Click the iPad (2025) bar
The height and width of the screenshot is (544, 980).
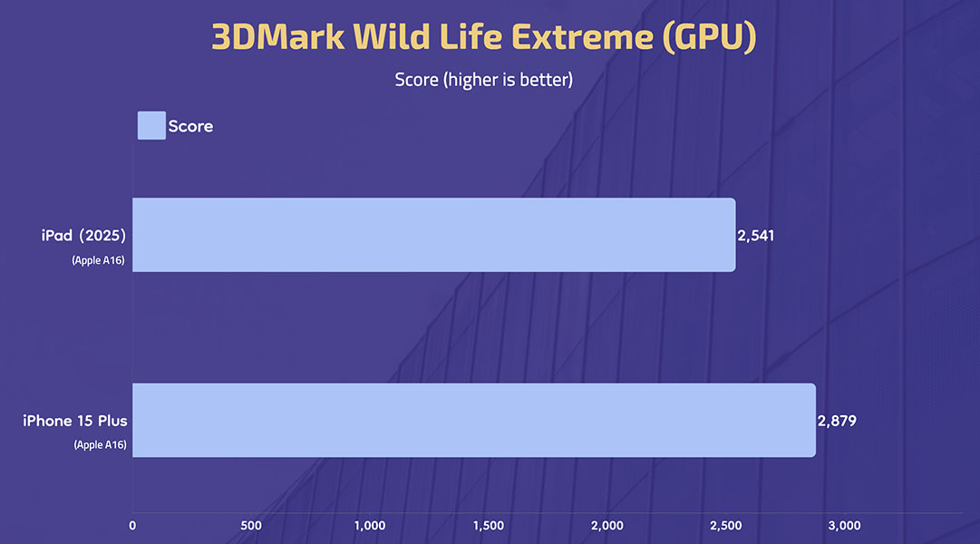click(433, 235)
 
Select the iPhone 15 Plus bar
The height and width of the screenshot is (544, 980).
click(474, 420)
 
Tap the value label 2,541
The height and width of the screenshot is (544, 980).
click(756, 236)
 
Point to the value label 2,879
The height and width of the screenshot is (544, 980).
click(837, 421)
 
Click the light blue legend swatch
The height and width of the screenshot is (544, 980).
click(151, 126)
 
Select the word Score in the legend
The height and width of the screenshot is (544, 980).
click(190, 126)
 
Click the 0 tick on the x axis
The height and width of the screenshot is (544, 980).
click(132, 526)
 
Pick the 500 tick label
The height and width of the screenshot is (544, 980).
click(251, 526)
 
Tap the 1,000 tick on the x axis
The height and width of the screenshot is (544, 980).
click(370, 526)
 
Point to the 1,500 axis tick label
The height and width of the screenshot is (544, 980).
click(489, 526)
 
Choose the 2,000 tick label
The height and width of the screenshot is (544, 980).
click(607, 526)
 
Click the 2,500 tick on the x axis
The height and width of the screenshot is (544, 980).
click(726, 526)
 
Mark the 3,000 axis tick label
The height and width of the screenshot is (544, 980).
click(844, 526)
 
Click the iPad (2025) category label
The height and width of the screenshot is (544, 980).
click(83, 236)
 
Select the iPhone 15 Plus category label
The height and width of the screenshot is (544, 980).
click(75, 421)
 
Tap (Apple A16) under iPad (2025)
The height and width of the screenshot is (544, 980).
click(98, 260)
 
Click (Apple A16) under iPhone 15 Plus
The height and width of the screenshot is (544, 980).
click(100, 444)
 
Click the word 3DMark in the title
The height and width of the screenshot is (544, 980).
click(278, 36)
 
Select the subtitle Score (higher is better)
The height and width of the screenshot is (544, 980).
click(484, 80)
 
